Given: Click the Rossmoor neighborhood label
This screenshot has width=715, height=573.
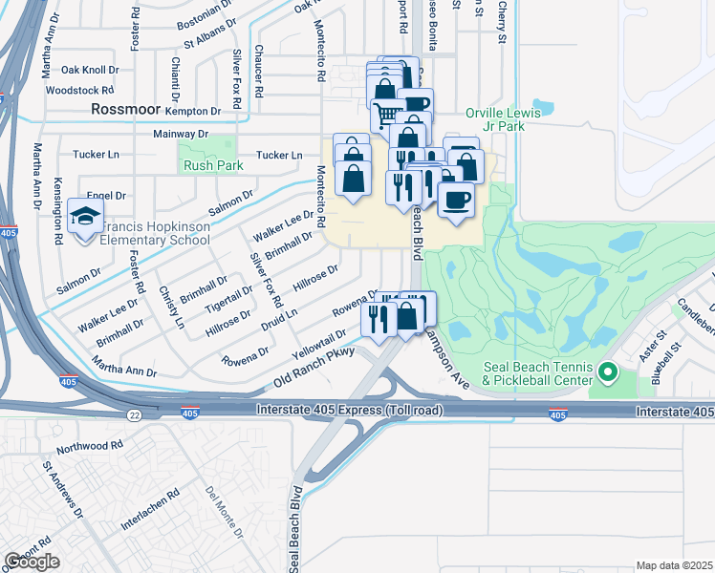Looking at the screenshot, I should pyautogui.click(x=127, y=110).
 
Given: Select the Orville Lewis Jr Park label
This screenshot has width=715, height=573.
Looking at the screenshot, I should pyautogui.click(x=503, y=119).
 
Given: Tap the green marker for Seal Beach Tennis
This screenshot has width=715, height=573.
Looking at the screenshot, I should pyautogui.click(x=607, y=371).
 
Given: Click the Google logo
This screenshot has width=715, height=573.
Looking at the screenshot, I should pyautogui.click(x=32, y=562).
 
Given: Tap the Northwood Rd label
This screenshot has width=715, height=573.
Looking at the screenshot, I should pyautogui.click(x=90, y=446).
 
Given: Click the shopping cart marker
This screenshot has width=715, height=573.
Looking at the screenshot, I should pyautogui.click(x=385, y=115).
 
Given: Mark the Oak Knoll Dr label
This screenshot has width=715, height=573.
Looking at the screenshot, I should pyautogui.click(x=88, y=70).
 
